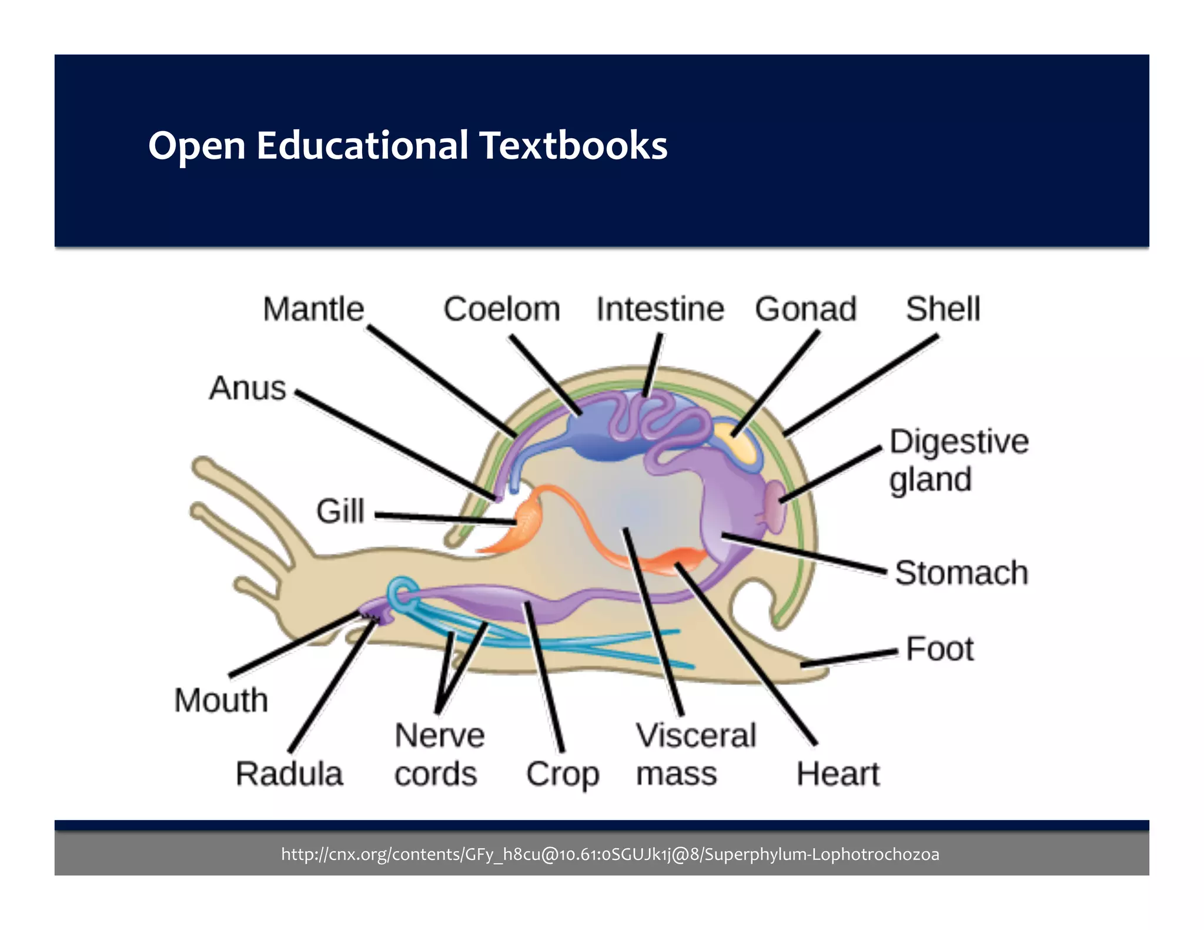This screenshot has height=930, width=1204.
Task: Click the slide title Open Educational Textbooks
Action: tap(407, 145)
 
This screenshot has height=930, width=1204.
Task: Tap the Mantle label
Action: tap(313, 309)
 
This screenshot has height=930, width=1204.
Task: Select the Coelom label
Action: tap(501, 309)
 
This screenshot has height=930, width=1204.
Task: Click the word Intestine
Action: tap(660, 309)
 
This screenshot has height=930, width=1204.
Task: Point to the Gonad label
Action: tap(805, 309)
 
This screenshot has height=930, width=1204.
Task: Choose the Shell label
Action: tap(942, 309)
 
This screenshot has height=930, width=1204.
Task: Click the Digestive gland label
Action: tap(958, 460)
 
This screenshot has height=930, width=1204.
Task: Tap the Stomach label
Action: tap(961, 573)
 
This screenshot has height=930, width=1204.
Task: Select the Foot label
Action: tap(939, 649)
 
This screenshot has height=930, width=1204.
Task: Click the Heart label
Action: tap(838, 774)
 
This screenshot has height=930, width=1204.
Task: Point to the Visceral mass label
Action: tap(695, 754)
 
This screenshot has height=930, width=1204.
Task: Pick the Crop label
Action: tap(563, 775)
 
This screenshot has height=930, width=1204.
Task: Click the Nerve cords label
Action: tap(439, 754)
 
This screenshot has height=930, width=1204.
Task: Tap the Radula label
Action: tap(289, 774)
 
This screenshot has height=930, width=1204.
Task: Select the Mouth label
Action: tap(221, 700)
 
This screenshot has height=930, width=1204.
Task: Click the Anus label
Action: tap(248, 388)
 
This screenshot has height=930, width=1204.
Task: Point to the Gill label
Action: tap(340, 511)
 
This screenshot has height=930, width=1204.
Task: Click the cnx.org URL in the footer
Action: tap(610, 854)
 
